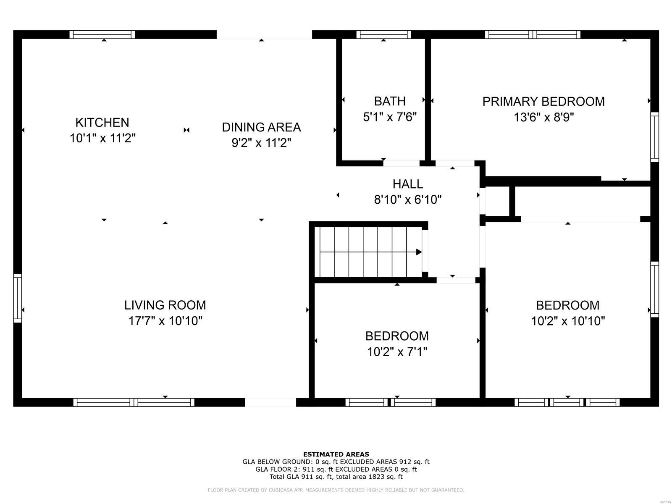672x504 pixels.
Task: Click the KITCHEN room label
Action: coord(102,122)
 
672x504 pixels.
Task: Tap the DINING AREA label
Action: coord(261,127)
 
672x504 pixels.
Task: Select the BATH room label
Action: coord(390,101)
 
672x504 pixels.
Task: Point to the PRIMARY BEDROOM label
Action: coord(543,102)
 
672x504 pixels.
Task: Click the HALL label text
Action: coord(408,184)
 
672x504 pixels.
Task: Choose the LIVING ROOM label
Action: coord(165,305)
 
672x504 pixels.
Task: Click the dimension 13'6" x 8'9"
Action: coord(543,117)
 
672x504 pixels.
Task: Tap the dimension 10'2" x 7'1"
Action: coord(397,352)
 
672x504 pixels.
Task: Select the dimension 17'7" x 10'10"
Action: coord(165,321)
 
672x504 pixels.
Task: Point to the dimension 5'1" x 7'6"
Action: coord(390,117)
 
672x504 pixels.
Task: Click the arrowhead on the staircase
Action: coord(418,252)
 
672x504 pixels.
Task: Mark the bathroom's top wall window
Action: coord(383,34)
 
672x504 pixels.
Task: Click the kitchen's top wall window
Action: coord(102,34)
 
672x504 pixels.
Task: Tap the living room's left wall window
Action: coord(18,298)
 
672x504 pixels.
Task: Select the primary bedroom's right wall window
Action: coord(654,137)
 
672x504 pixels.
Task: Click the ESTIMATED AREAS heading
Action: coord(336,454)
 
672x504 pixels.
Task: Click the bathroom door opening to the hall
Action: coord(401,163)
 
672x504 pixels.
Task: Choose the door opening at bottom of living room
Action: coord(270,402)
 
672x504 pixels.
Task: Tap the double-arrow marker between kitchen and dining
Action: coord(186,130)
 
